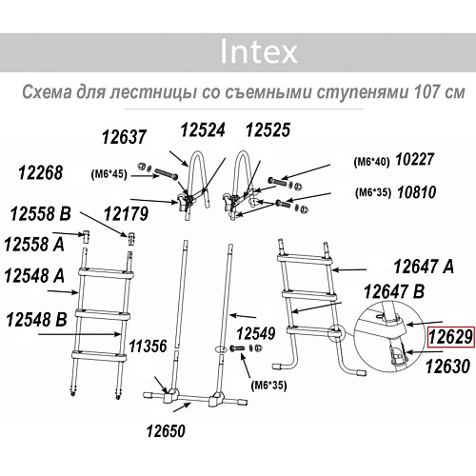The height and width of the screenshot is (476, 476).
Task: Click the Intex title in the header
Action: [258, 50]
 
